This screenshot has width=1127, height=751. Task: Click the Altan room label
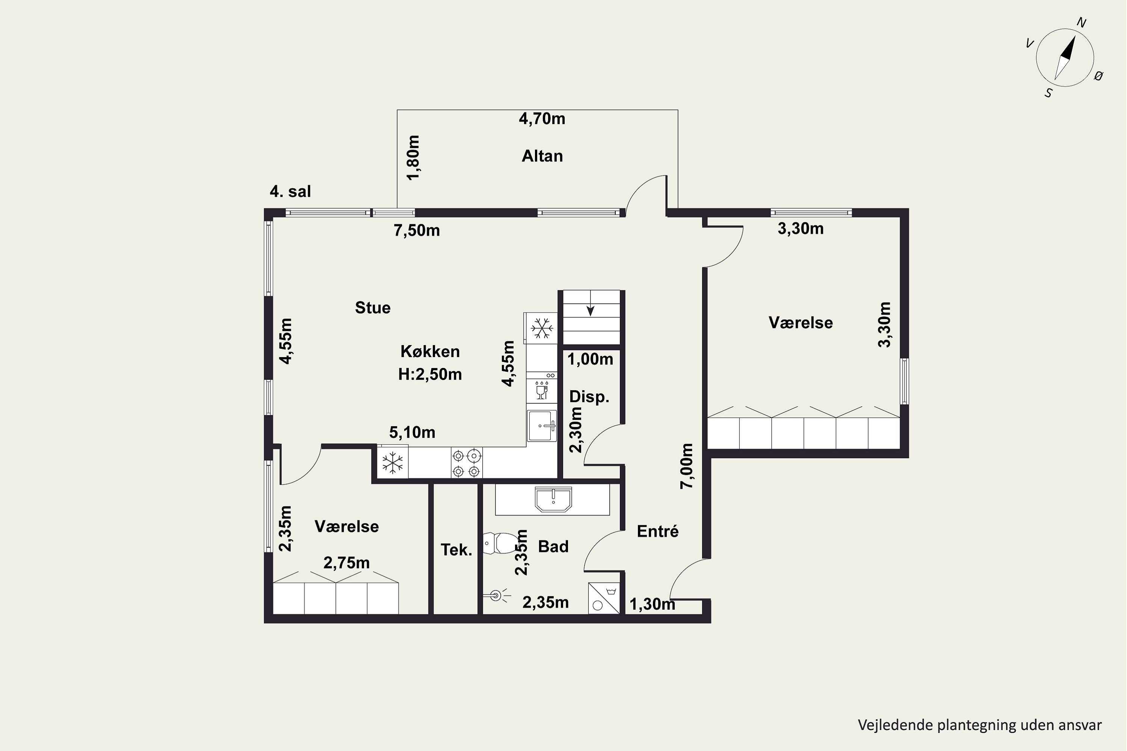(542, 156)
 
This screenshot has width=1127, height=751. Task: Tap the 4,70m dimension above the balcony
(542, 119)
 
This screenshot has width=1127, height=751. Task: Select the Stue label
(373, 308)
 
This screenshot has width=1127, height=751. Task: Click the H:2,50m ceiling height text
(430, 374)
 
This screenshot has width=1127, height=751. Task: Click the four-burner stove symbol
(466, 463)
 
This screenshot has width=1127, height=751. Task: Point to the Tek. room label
(456, 550)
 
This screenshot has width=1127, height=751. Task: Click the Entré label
(657, 531)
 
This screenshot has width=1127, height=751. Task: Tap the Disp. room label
(589, 397)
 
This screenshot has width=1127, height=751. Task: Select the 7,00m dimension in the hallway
(687, 466)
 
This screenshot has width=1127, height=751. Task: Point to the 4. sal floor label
(290, 192)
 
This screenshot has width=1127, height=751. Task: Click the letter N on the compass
(1082, 23)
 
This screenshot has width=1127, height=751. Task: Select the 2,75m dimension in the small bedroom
(346, 563)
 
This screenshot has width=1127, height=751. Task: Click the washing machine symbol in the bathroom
(604, 598)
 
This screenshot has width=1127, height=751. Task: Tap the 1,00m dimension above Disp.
(590, 359)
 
